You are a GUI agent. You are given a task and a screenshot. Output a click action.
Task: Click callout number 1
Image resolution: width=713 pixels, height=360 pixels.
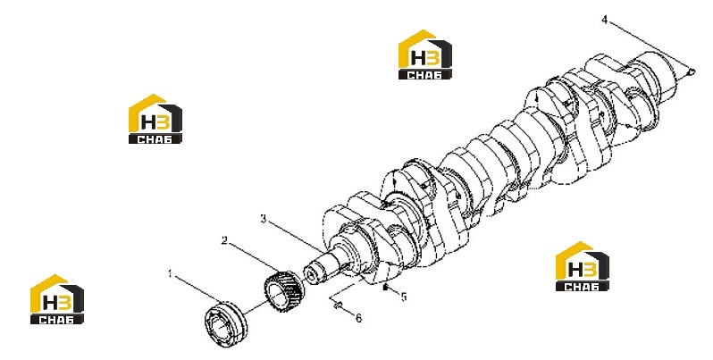click(x=170, y=274)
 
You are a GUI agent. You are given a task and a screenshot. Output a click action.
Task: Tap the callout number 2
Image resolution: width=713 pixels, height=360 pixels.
click(x=224, y=240)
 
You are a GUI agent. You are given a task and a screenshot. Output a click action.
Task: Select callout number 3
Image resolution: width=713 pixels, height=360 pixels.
click(x=264, y=219)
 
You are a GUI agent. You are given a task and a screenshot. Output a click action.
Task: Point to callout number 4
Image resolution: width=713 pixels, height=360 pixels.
click(x=605, y=20)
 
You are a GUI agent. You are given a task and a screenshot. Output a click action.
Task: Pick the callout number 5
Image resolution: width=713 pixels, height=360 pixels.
click(x=403, y=297)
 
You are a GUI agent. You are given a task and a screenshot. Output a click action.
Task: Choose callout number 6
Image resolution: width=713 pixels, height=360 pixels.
click(x=359, y=318)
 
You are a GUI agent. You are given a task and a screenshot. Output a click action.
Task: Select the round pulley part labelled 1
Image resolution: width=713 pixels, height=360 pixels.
click(x=224, y=323)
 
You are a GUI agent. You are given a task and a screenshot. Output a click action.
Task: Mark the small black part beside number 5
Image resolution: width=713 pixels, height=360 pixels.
click(x=385, y=287)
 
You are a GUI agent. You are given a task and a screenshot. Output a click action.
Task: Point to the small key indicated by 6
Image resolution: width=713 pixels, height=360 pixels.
click(x=338, y=306)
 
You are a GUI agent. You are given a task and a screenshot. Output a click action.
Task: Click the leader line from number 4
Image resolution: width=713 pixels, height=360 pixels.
click(x=649, y=46)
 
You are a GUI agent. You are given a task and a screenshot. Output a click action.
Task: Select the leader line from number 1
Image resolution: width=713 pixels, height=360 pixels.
click(x=196, y=289)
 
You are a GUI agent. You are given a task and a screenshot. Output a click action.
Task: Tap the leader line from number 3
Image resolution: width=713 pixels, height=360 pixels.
click(x=295, y=235)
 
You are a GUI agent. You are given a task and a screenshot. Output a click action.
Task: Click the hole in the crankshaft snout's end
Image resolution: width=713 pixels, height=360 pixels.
click(x=313, y=275)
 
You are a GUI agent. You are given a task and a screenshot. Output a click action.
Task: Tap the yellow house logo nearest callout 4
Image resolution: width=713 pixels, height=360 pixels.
click(x=425, y=54)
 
